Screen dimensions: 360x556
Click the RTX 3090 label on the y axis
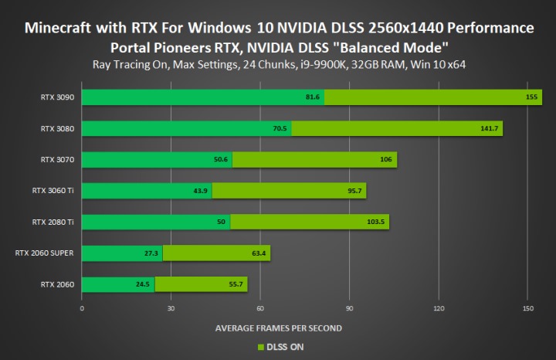tap(58, 97)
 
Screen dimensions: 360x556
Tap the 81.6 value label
tap(312, 97)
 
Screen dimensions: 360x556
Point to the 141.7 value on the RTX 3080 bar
tap(489, 129)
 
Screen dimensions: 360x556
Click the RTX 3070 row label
tap(58, 160)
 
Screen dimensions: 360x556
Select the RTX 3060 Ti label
tap(53, 191)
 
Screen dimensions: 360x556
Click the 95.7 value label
tap(354, 191)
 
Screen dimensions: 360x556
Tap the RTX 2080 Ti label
tap(53, 222)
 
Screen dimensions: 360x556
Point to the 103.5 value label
tap(377, 222)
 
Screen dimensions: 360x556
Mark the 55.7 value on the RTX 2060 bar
tap(236, 284)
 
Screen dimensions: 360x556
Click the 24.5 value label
tap(142, 284)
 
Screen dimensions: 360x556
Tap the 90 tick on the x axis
tap(349, 308)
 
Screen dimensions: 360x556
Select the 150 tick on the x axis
tap(527, 308)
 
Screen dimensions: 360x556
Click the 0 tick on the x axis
tap(82, 308)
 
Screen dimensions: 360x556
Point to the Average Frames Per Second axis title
tap(278, 328)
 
